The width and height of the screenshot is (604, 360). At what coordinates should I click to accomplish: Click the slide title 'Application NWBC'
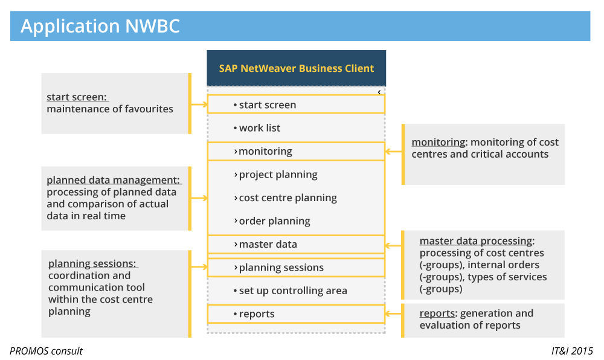100,27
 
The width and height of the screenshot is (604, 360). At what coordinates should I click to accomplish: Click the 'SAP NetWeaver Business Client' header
296,68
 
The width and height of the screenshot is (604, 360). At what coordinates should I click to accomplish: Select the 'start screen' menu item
267,105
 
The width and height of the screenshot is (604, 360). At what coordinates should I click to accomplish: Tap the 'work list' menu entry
259,128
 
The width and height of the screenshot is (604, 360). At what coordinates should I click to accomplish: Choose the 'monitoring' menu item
265,151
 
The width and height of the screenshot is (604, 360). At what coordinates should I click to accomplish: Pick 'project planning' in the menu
278,175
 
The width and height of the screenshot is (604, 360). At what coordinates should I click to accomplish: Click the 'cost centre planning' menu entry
288,198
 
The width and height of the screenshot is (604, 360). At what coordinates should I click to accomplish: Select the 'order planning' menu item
274,221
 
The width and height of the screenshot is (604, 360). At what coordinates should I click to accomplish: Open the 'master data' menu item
268,244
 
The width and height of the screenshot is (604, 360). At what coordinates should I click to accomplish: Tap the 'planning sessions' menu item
281,268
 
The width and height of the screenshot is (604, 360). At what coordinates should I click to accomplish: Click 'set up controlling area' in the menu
293,291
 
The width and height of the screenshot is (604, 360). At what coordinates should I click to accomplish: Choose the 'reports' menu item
256,314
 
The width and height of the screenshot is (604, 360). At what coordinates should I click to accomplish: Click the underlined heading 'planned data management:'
114,180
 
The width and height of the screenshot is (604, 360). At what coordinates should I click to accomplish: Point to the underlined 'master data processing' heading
476,240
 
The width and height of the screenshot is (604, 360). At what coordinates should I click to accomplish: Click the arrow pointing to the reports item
393,313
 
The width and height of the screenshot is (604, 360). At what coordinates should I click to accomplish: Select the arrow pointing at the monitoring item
393,152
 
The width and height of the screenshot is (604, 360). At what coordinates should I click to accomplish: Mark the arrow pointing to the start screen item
199,105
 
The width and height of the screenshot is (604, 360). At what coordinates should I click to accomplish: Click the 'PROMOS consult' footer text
46,351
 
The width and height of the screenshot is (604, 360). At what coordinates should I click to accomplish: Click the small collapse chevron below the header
379,92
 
